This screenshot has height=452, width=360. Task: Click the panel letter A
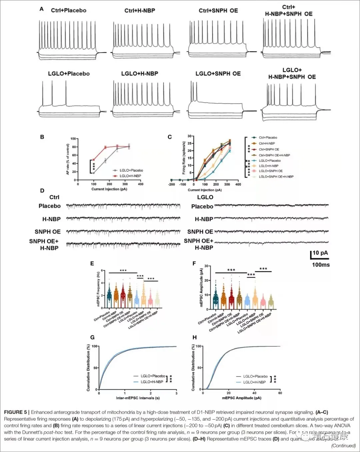[42, 9]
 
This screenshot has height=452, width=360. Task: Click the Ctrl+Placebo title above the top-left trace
[68, 10]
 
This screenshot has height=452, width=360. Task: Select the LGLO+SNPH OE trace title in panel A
[218, 74]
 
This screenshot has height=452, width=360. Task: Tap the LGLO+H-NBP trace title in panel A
[140, 74]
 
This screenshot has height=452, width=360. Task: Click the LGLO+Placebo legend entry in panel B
[131, 170]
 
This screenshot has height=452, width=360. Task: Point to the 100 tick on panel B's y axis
[73, 139]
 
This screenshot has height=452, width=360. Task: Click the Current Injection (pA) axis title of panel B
[109, 189]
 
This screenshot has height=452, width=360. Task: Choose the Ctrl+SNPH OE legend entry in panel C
[269, 149]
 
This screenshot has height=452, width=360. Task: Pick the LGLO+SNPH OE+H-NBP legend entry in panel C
[276, 177]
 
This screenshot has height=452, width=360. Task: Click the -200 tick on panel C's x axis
[171, 184]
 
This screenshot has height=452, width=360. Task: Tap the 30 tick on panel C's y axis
[189, 136]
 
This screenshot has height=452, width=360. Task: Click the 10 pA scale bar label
[320, 253]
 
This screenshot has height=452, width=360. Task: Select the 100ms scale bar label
[321, 265]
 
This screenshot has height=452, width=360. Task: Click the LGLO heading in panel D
[205, 197]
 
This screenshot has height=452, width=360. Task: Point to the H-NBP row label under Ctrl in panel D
[51, 219]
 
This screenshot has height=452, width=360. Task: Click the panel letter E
[92, 263]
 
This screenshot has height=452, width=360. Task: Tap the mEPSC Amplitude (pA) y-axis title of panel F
[201, 287]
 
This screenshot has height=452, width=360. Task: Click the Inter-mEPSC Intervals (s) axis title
[138, 398]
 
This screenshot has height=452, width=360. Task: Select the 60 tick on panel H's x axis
[280, 393]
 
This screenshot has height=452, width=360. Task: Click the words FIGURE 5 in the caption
[15, 412]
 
